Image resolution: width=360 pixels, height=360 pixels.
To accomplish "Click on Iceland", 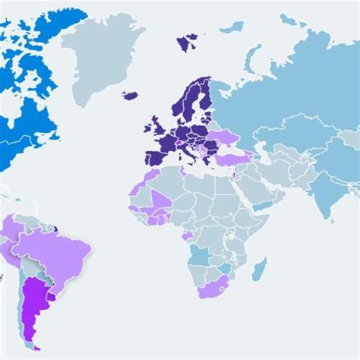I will click(130, 95).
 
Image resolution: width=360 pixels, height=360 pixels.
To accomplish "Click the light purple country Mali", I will click(159, 200).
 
